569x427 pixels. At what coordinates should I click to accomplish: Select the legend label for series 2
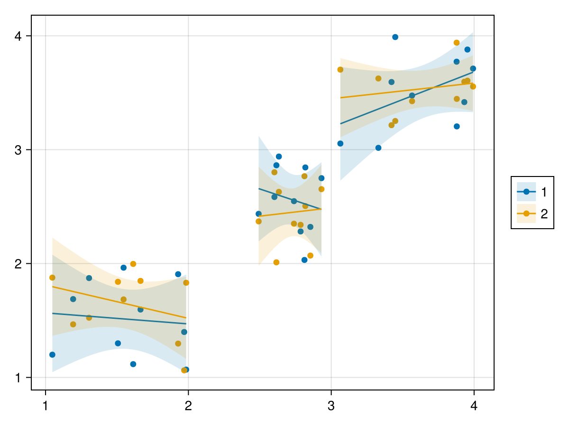coord(544,214)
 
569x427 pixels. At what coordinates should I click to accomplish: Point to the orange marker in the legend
coord(526,214)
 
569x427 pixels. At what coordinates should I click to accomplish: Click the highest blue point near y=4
coord(395,37)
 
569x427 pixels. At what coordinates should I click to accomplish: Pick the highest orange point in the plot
coord(457,43)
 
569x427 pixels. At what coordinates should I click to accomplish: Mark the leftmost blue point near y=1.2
coord(52,355)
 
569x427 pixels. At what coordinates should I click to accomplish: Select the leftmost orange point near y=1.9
coord(52,278)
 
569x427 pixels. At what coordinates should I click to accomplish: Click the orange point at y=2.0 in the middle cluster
coord(276,262)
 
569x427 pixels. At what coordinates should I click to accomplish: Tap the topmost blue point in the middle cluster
coord(279,157)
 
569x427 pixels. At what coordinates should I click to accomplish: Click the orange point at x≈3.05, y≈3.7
coord(340,70)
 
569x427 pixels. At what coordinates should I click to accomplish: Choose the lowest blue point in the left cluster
coord(186,370)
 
